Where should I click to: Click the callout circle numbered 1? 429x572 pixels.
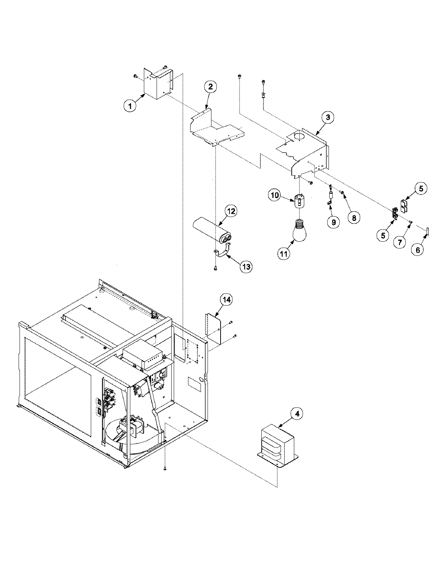coord(130,106)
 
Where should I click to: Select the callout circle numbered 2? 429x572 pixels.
coord(210,86)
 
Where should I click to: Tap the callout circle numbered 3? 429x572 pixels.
coord(328,117)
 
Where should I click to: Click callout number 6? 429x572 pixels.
coord(418,250)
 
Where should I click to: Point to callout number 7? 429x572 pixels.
coord(400,242)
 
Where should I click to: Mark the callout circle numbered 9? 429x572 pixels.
coord(333,222)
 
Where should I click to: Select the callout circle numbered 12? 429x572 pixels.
coord(231,211)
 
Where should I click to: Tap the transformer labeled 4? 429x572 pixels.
coord(277,445)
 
